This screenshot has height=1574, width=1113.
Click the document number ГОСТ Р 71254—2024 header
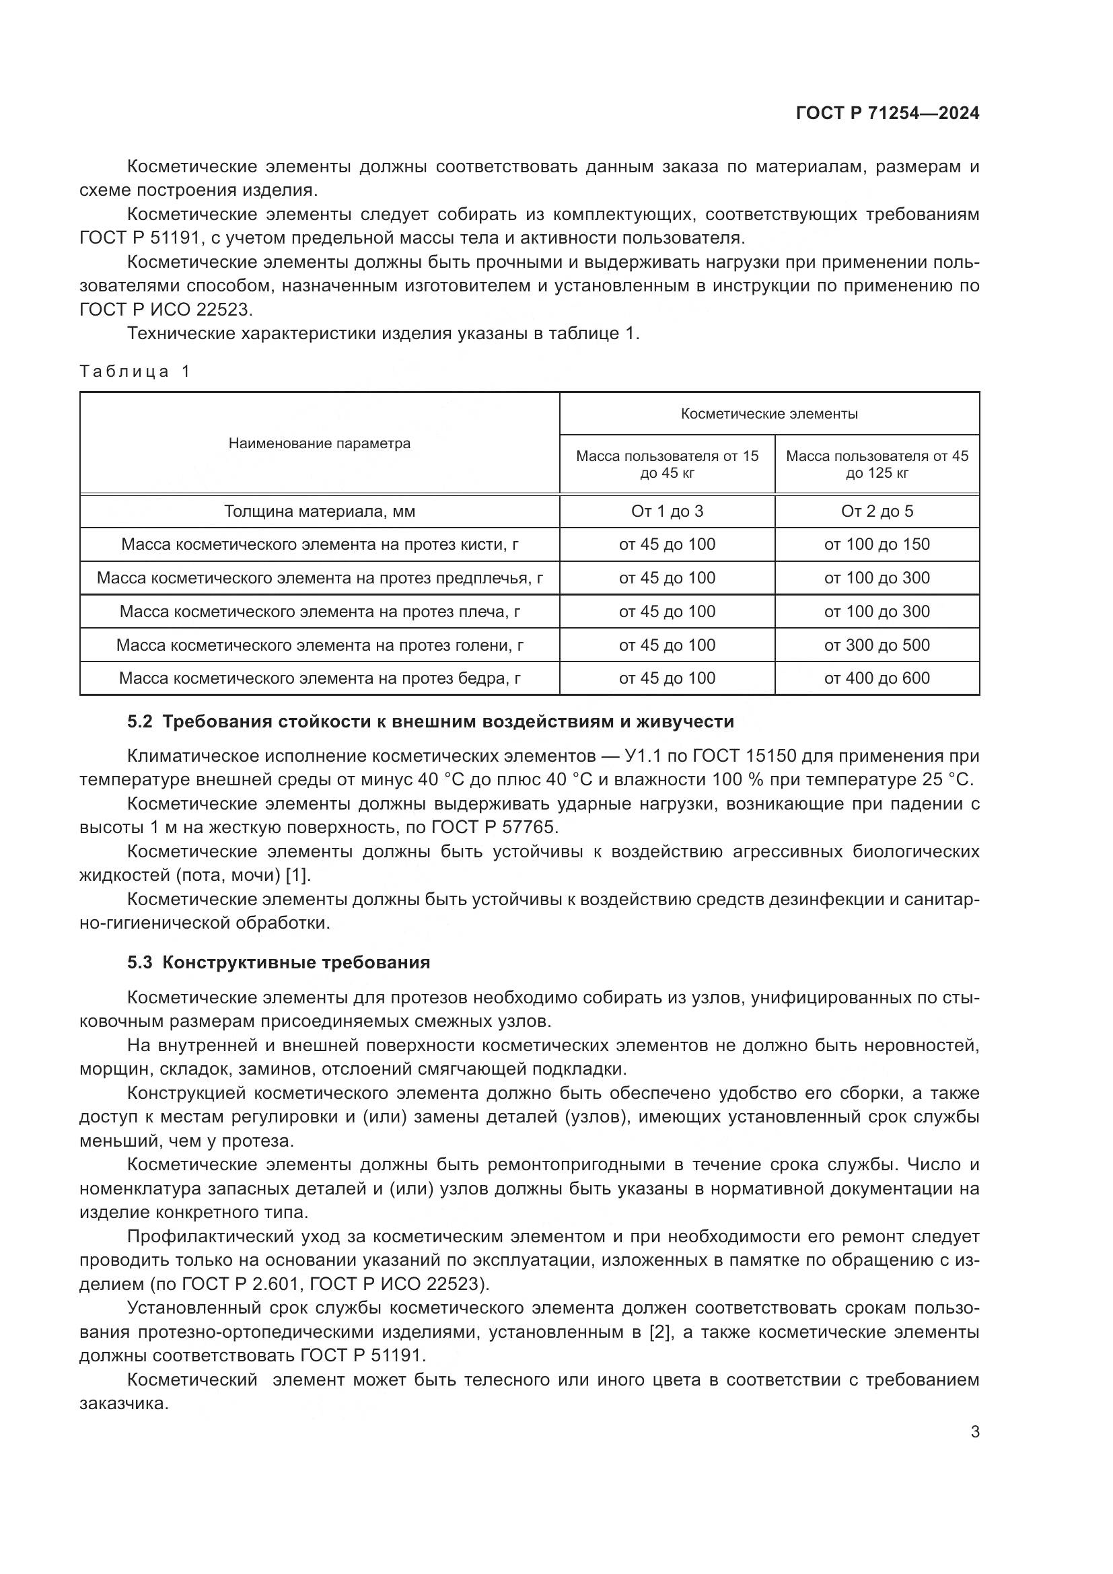click(x=887, y=114)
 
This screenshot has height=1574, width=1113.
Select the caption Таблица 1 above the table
click(x=135, y=371)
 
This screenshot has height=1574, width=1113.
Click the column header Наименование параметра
click(x=320, y=443)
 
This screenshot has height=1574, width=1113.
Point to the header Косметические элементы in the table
click(x=769, y=414)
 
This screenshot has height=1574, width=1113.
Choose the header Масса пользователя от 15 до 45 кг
click(x=667, y=464)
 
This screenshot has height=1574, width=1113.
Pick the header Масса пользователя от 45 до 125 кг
click(x=877, y=464)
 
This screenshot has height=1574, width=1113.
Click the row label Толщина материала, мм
click(x=320, y=511)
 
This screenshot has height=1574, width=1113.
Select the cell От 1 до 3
click(x=667, y=511)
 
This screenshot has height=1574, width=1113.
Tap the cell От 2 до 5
click(x=877, y=511)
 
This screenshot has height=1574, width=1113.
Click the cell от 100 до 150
click(x=877, y=544)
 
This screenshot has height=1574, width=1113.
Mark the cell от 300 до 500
click(x=877, y=645)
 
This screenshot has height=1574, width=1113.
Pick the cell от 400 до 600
click(x=877, y=679)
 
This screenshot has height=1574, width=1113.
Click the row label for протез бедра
click(x=320, y=679)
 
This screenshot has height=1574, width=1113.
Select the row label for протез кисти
click(x=320, y=544)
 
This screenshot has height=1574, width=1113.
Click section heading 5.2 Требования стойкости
click(x=431, y=722)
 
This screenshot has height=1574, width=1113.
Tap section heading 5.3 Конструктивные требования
click(x=279, y=962)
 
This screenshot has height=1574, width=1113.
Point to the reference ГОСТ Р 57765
click(x=493, y=828)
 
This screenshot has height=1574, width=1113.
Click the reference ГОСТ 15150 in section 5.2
click(x=744, y=756)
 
